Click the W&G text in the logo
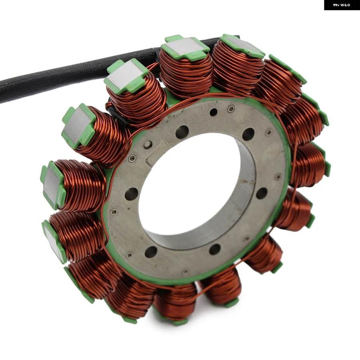[345, 5]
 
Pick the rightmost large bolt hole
[262, 193]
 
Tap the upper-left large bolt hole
[182, 132]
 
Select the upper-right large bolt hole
[248, 134]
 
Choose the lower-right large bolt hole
[215, 249]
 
